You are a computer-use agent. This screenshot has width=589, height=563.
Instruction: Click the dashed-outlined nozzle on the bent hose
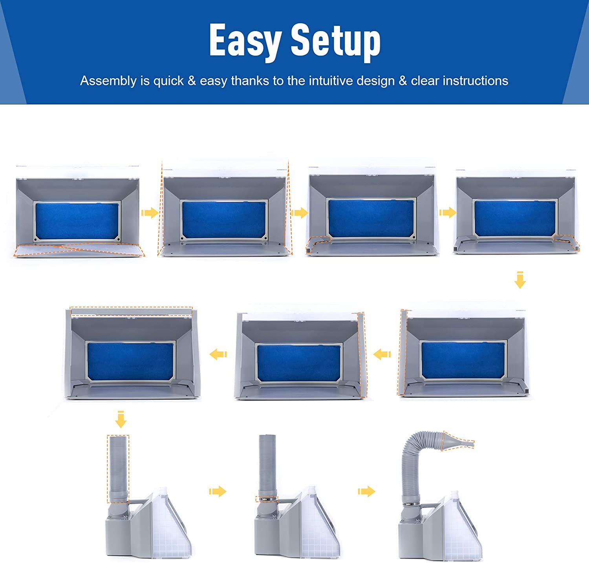[458, 441]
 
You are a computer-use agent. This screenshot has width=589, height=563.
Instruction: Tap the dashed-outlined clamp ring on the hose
[267, 499]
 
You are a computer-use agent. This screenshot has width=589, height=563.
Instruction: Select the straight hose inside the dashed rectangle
[118, 468]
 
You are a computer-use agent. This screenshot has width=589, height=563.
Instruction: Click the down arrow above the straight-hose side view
[121, 419]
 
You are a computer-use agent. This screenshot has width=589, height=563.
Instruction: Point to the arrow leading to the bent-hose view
[366, 491]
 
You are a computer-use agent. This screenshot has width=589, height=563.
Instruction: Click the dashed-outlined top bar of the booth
[131, 312]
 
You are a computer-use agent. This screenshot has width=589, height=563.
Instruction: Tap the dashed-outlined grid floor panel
[79, 250]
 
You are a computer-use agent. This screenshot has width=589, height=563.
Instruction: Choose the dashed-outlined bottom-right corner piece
[567, 242]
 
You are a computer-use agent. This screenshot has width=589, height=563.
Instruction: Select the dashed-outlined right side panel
[362, 355]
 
